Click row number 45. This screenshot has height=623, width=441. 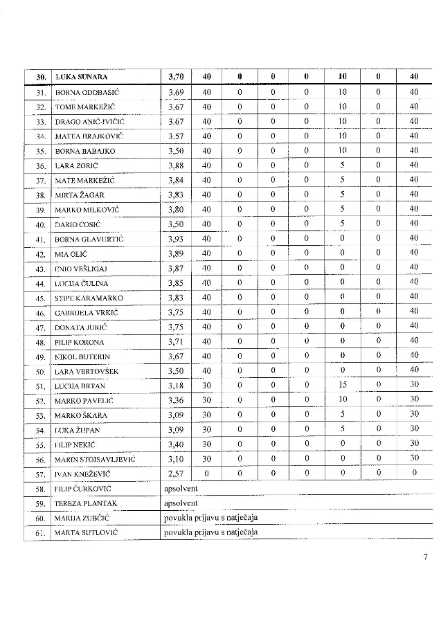tap(40, 298)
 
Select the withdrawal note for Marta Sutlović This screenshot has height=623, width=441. tap(210, 532)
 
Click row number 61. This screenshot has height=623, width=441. tap(40, 533)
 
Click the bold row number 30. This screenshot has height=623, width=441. tap(39, 77)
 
